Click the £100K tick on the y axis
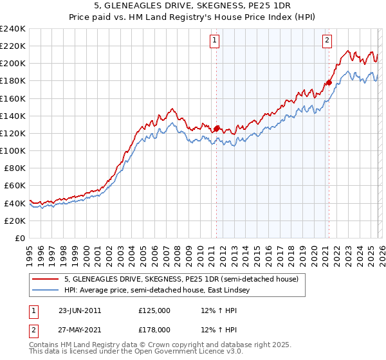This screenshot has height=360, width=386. click(x=13, y=150)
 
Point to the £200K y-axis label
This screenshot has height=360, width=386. click(x=13, y=64)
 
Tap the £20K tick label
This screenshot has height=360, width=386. click(x=15, y=221)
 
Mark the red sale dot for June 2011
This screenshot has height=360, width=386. click(x=217, y=129)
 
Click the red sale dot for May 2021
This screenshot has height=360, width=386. click(x=329, y=82)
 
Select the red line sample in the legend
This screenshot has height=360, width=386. click(x=46, y=280)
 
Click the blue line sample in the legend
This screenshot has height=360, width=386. click(x=46, y=291)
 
